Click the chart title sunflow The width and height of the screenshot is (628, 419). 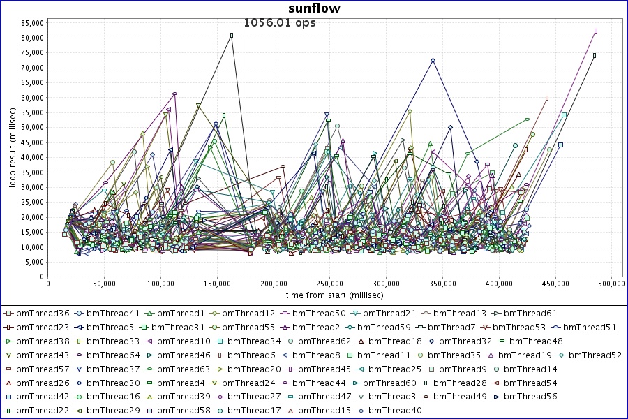(313, 8)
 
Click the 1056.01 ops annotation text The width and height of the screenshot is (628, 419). (279, 22)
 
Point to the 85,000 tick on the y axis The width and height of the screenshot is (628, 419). (32, 22)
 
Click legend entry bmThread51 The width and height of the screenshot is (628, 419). (590, 327)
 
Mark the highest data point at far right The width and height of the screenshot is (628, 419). (596, 31)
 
